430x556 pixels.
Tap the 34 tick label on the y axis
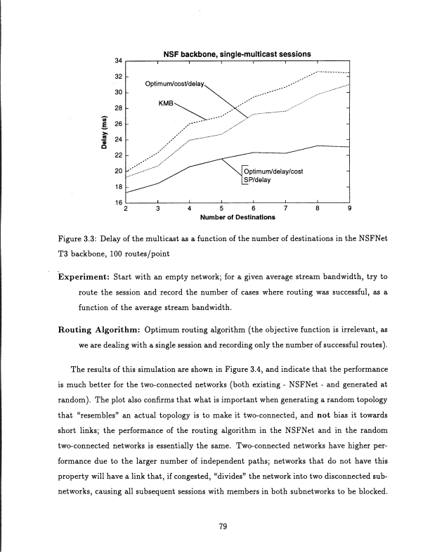119,60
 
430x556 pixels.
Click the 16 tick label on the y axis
119,202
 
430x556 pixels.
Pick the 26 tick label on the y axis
119,124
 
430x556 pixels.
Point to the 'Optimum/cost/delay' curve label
175,85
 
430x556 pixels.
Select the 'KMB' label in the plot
167,103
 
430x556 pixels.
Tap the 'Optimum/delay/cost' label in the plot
273,171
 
